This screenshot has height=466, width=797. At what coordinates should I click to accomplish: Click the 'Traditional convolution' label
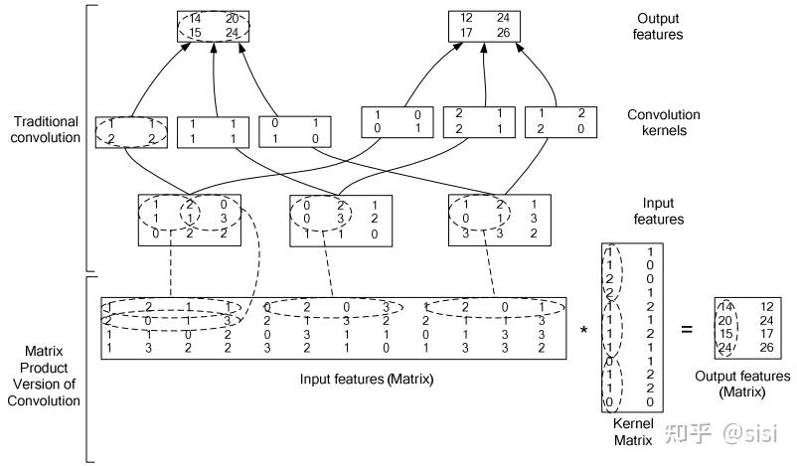tap(47, 129)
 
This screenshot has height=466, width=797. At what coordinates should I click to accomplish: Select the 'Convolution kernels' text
tap(664, 122)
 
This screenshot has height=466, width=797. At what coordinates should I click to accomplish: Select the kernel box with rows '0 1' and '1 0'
tap(289, 131)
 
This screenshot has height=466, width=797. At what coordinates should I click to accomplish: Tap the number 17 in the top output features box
tap(465, 34)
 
